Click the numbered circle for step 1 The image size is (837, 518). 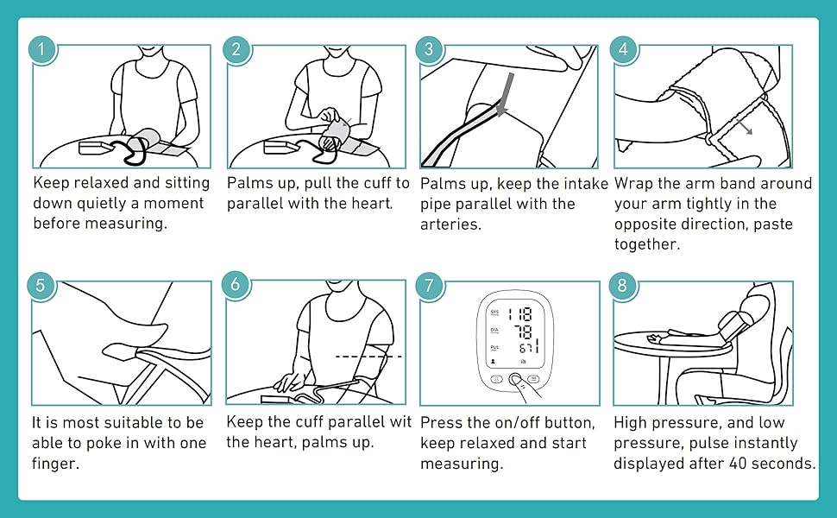point(41,47)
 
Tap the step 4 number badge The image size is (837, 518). point(623,47)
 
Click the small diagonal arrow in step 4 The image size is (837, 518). point(742,126)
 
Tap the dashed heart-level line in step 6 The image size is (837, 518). point(368,356)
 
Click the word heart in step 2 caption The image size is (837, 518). point(372,204)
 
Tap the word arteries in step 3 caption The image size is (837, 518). point(449,224)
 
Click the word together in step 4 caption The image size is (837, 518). point(646,244)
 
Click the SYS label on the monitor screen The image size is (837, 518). point(494,311)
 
